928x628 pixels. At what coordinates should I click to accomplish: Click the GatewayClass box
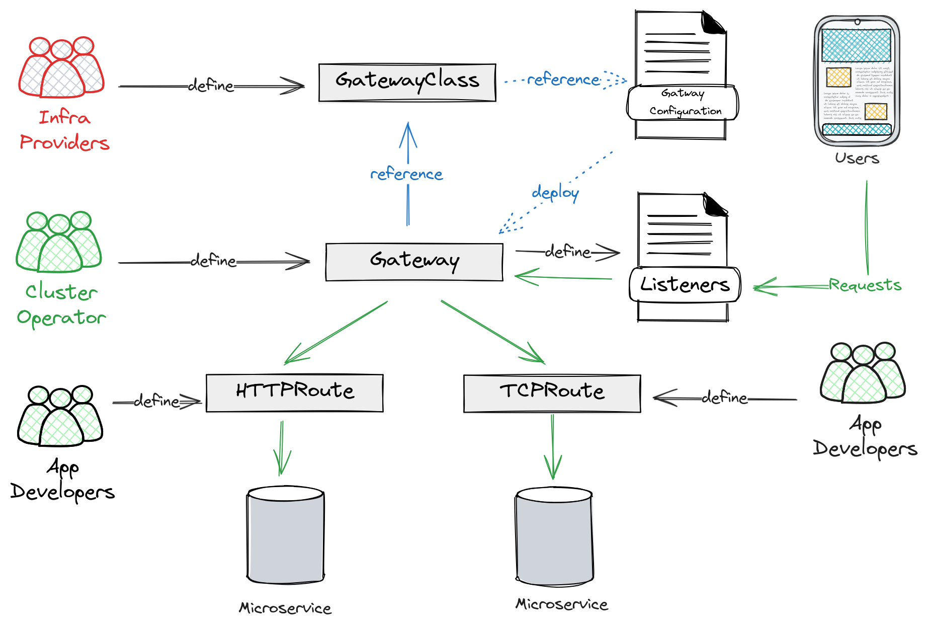click(x=407, y=83)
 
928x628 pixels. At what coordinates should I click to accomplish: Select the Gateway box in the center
click(x=413, y=262)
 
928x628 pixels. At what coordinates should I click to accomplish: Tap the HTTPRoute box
click(x=295, y=393)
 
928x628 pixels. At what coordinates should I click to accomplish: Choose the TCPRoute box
click(x=551, y=394)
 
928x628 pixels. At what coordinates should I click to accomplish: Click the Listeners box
click(x=684, y=285)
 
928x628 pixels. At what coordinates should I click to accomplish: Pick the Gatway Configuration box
click(x=682, y=103)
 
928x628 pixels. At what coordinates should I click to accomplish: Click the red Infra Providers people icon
click(x=61, y=67)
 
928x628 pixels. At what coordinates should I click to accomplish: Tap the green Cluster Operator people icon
click(x=59, y=242)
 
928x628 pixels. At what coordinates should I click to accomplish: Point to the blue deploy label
click(x=555, y=193)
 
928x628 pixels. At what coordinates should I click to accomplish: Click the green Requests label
click(x=865, y=285)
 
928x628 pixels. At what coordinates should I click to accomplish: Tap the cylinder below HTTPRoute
click(x=286, y=535)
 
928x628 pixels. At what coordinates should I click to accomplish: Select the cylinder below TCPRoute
click(x=555, y=536)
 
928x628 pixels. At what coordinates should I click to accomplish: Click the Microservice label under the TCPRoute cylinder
click(x=562, y=604)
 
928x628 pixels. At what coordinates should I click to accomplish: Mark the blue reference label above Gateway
click(x=406, y=175)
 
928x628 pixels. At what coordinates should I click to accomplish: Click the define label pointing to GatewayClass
click(x=211, y=86)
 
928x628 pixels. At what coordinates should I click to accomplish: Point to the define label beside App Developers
click(x=724, y=398)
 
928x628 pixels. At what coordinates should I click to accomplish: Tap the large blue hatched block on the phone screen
click(x=856, y=45)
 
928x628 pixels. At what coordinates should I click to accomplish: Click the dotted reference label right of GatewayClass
click(x=563, y=80)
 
